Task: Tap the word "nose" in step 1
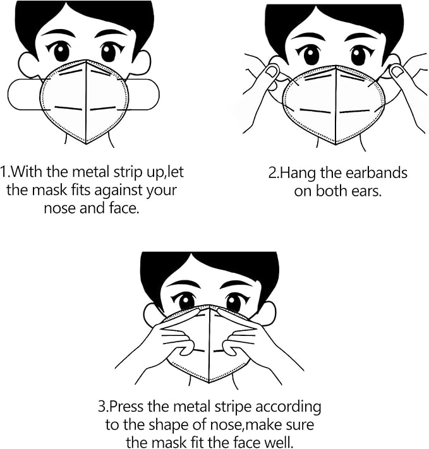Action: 59,207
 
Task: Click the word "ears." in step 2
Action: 366,190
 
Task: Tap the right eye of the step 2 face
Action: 358,56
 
